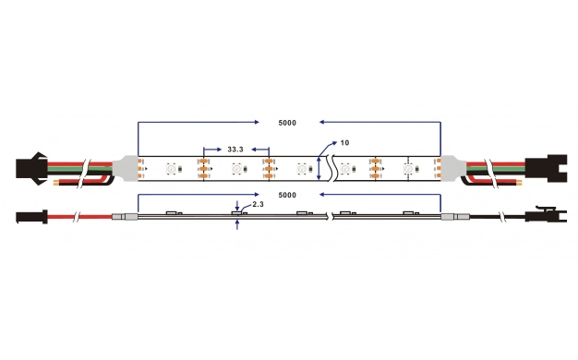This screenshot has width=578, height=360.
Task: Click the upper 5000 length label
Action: click(x=287, y=123)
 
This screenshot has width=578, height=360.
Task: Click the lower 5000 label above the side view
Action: click(x=287, y=195)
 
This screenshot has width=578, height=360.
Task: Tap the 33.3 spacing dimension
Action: click(x=235, y=150)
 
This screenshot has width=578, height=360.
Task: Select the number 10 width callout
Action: click(x=344, y=142)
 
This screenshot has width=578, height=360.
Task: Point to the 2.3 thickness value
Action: click(x=258, y=204)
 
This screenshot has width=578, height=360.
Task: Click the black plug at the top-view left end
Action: click(x=31, y=169)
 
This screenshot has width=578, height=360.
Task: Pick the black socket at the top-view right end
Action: click(x=546, y=168)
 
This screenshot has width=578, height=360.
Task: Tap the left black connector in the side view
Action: click(x=31, y=217)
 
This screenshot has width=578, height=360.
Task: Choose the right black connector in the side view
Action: click(x=546, y=215)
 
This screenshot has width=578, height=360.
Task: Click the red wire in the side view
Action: click(x=79, y=217)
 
